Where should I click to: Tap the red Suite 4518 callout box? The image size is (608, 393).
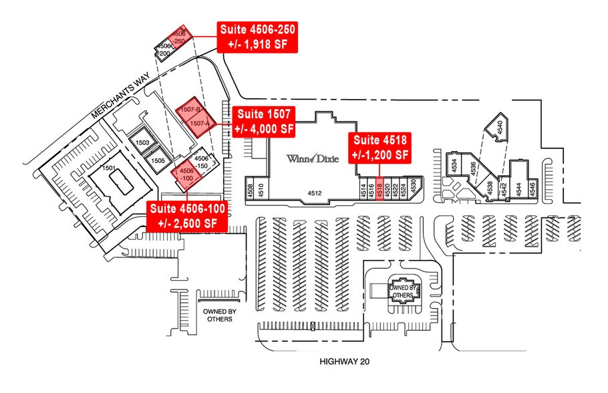pos(381,147)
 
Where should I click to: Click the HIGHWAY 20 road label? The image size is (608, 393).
pos(345,362)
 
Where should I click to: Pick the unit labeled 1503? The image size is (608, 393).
pos(142,142)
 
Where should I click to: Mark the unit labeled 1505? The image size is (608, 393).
pos(158,160)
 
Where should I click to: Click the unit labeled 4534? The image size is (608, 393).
pos(455,164)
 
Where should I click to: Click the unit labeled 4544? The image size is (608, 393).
pos(518,187)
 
